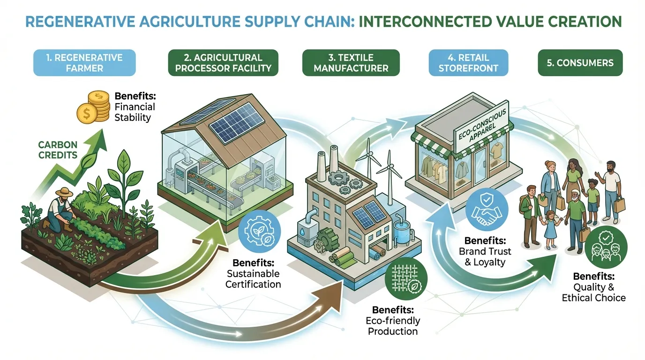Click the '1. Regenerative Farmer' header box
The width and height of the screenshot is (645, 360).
(x=84, y=63)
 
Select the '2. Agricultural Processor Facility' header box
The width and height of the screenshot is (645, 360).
(x=223, y=63)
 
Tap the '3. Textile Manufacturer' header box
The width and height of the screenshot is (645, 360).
(x=351, y=63)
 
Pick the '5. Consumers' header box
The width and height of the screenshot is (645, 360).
(x=580, y=63)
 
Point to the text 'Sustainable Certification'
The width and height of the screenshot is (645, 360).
(x=253, y=278)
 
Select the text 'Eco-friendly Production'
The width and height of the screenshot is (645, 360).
(x=393, y=326)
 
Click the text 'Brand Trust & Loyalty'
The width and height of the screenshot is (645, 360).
(x=485, y=257)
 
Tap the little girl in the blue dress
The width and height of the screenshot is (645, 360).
(x=551, y=227)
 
